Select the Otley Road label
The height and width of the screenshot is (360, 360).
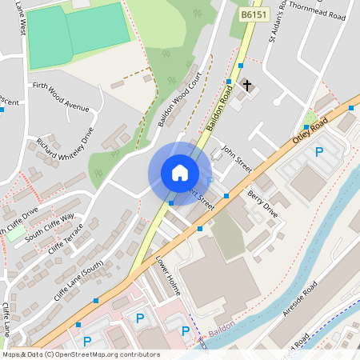(310, 128)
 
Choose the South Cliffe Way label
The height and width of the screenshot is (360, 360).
(50, 226)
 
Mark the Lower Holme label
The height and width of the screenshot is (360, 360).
(169, 276)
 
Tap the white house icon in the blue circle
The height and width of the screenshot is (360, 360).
(180, 173)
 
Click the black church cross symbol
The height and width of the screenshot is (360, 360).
(246, 84)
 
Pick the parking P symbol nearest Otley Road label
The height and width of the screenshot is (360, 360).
(319, 152)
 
